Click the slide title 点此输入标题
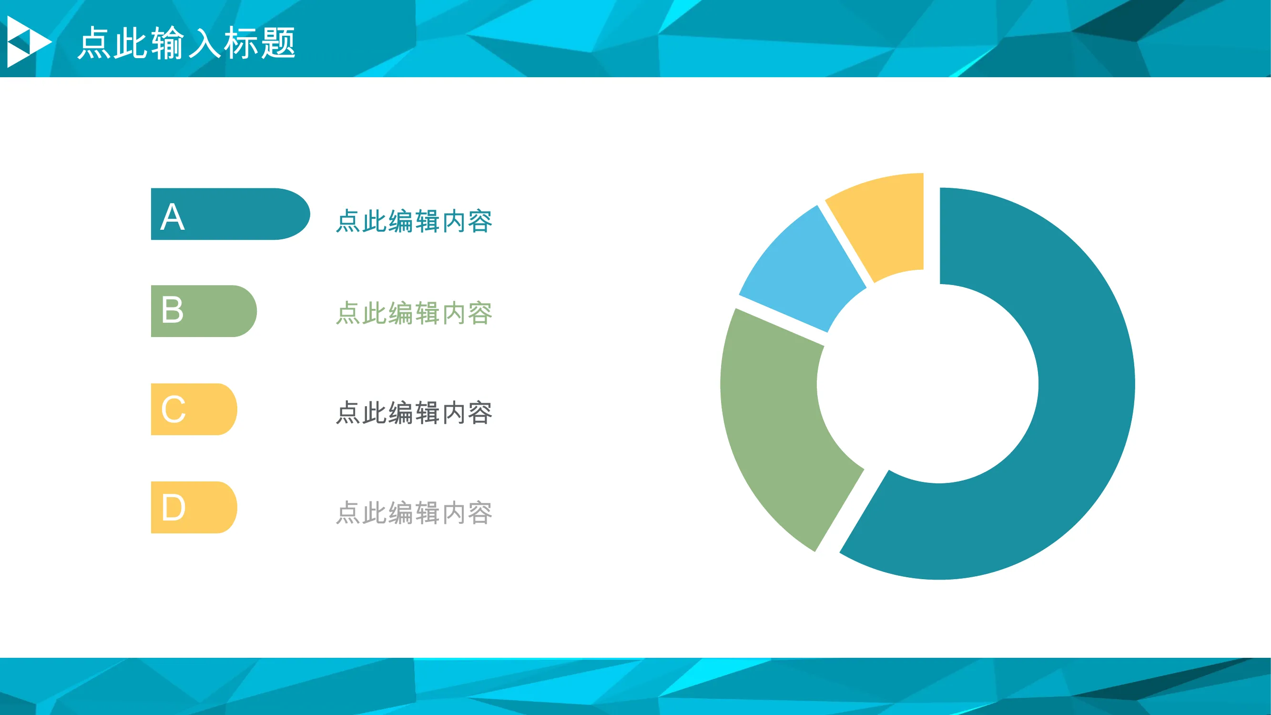click(186, 43)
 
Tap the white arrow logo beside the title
click(29, 41)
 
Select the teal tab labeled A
click(230, 214)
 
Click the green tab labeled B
click(204, 311)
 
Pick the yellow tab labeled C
click(194, 409)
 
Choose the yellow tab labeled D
click(194, 507)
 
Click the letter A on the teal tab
click(173, 216)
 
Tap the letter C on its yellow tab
click(173, 409)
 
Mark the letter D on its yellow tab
click(173, 507)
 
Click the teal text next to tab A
click(414, 221)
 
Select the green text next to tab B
click(414, 313)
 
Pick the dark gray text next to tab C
click(414, 412)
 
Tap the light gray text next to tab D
click(414, 513)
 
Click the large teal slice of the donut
click(1086, 395)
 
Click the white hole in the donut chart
click(927, 384)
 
